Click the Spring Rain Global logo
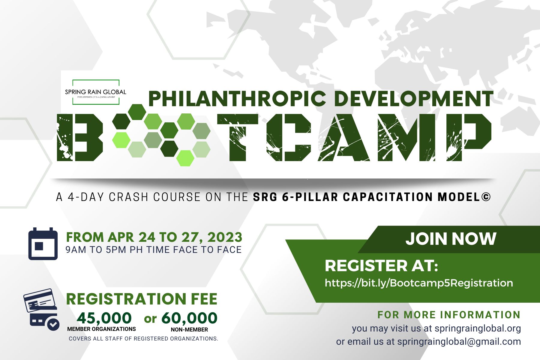click(96, 92)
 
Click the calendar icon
click(43, 244)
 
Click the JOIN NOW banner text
click(451, 239)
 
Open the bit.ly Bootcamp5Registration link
click(419, 283)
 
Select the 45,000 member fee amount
click(104, 318)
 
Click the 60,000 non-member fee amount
click(189, 318)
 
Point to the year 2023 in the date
click(225, 237)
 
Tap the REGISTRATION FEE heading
click(142, 299)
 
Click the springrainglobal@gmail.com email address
click(459, 342)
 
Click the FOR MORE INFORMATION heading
click(449, 315)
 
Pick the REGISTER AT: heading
click(381, 266)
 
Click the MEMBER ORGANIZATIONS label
click(101, 329)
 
